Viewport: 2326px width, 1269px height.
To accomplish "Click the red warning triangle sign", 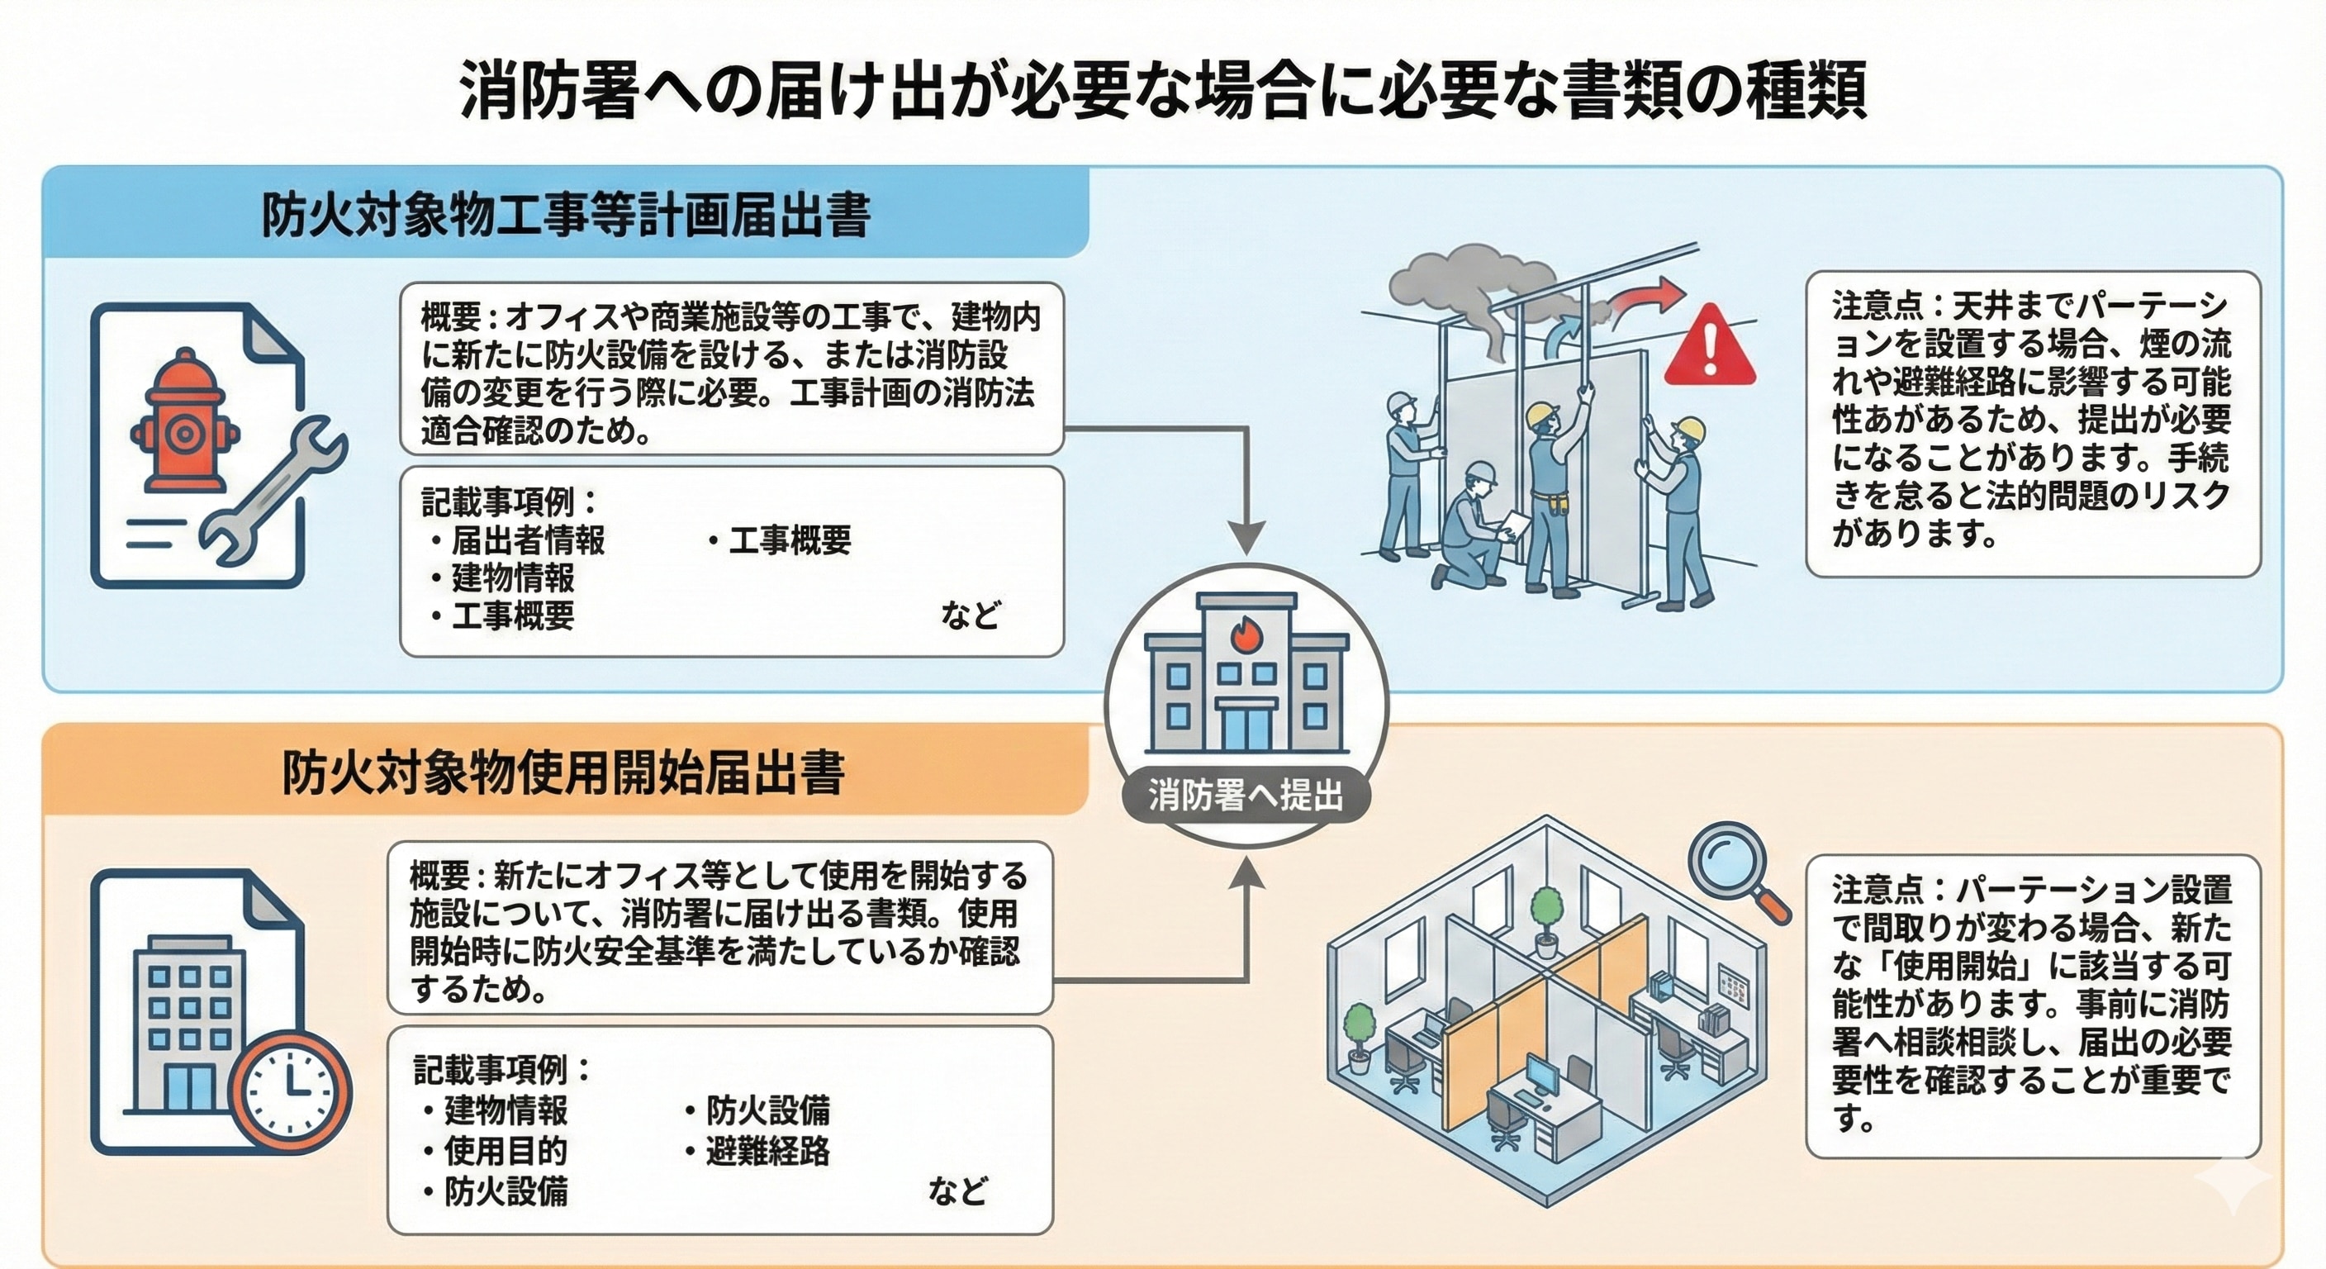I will click(x=1708, y=348).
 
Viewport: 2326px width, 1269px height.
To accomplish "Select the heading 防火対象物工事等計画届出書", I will click(x=565, y=216).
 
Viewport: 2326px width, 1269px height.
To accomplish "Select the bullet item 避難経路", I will click(x=767, y=1152).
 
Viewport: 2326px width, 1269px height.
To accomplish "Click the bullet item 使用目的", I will click(x=506, y=1151).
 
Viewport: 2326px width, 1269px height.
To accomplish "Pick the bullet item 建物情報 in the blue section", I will click(x=513, y=578).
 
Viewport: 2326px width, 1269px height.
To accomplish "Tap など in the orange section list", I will click(x=957, y=1191).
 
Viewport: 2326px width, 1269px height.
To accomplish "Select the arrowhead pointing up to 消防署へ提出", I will click(x=1248, y=872).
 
